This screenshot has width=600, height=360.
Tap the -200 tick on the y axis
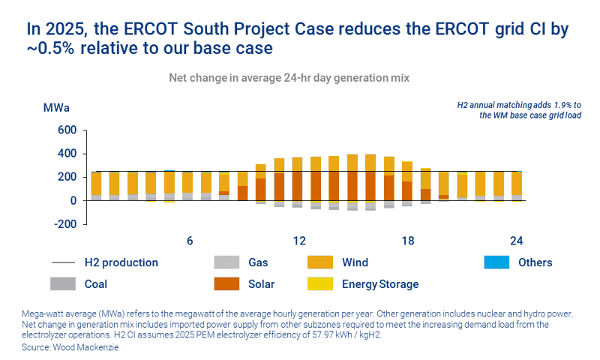[65, 224]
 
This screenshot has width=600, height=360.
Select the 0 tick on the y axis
[73, 201]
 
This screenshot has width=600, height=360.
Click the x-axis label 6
[190, 241]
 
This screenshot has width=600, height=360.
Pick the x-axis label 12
[299, 241]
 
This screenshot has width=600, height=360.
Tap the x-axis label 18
[408, 241]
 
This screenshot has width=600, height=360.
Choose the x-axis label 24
[516, 241]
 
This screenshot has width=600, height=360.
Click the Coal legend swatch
[63, 284]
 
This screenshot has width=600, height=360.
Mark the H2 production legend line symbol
[63, 262]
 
